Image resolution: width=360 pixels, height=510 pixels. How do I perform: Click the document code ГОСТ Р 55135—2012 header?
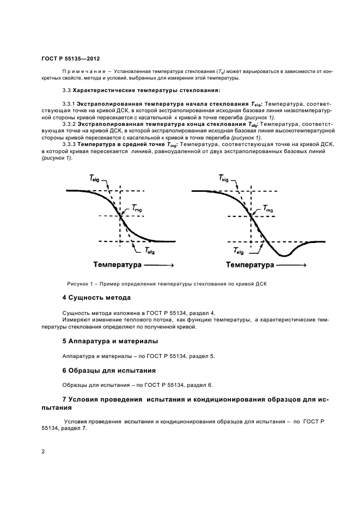(x=70, y=59)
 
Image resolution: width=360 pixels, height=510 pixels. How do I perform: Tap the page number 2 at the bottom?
(x=44, y=452)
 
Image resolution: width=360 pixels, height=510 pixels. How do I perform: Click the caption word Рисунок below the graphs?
(x=79, y=284)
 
